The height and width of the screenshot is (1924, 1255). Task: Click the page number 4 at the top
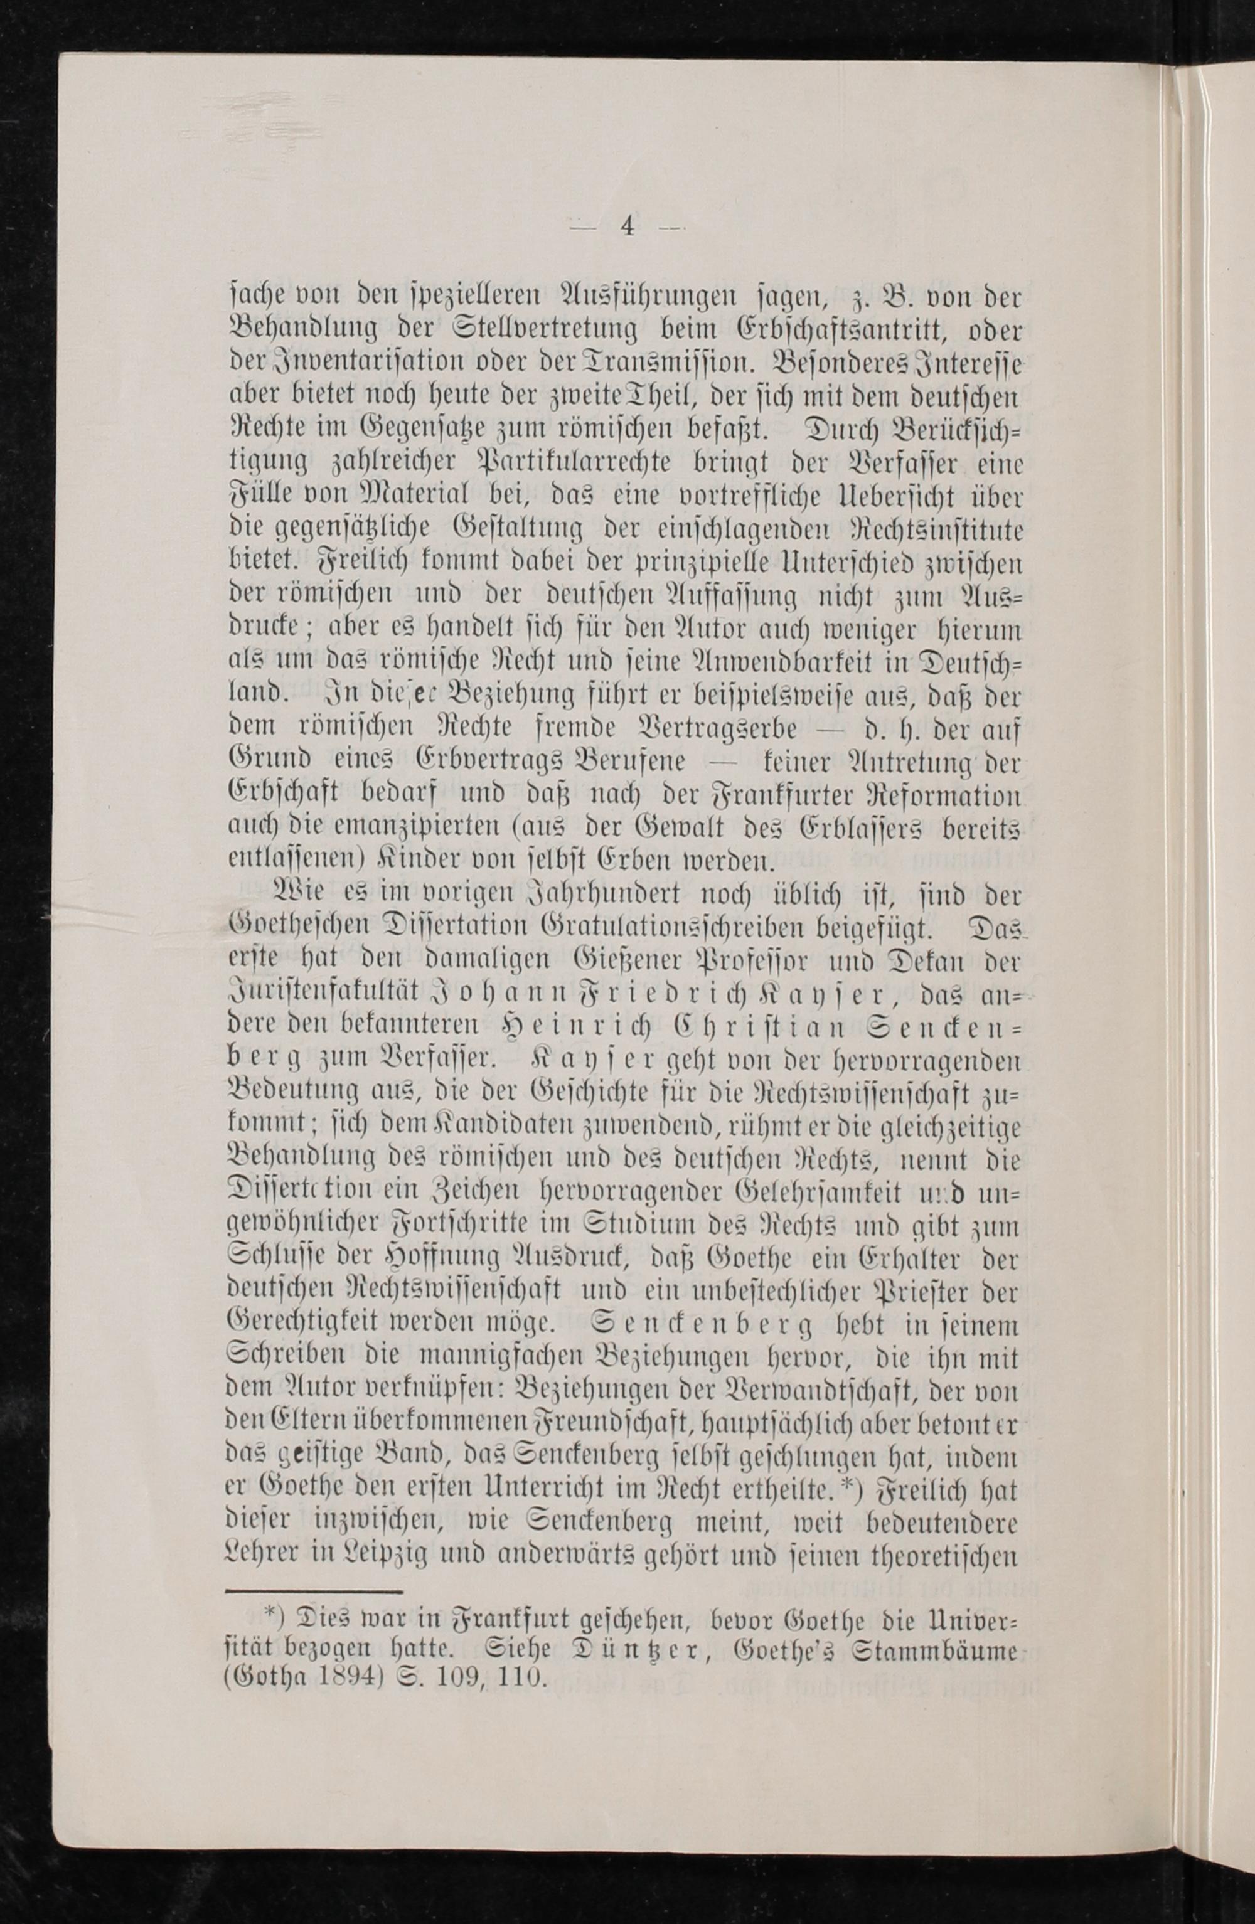pyautogui.click(x=627, y=227)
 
